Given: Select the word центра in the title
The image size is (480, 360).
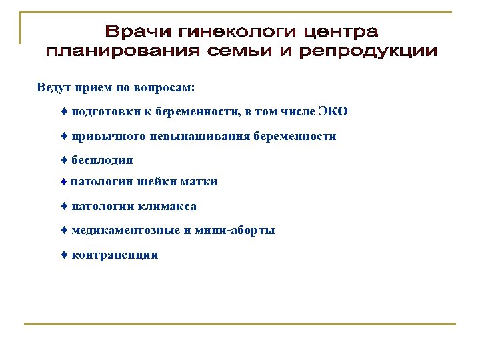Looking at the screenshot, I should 340,31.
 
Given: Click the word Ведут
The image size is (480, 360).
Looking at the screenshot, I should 53,87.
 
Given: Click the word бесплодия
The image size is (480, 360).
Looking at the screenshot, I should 102,160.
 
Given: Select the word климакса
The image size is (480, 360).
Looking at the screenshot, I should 168,207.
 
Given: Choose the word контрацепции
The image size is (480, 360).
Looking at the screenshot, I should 115,255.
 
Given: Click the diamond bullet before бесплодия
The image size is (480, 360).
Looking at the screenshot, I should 63,160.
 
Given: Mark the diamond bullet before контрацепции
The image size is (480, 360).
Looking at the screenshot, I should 63,255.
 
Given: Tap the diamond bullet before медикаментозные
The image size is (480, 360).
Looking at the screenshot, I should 63,231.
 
